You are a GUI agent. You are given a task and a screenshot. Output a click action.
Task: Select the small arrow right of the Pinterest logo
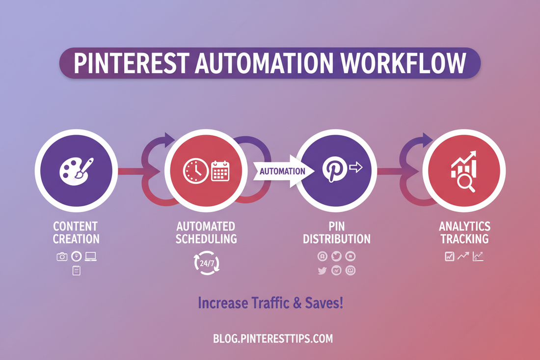click(355, 168)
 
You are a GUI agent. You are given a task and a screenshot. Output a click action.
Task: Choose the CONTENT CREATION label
click(76, 233)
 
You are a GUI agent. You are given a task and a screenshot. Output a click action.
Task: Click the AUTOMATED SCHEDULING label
click(206, 233)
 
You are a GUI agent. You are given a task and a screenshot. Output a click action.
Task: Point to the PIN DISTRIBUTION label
click(336, 233)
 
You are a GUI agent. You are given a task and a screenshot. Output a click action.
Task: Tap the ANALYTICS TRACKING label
click(464, 233)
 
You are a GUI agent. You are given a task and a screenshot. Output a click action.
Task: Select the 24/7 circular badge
click(207, 263)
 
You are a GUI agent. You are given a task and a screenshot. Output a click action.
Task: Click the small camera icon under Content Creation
click(62, 256)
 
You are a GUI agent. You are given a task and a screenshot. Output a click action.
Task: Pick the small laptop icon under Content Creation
click(91, 256)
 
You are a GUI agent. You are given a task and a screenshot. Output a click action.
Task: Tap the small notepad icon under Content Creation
click(76, 270)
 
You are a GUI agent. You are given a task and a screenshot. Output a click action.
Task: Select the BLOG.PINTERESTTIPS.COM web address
click(273, 338)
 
